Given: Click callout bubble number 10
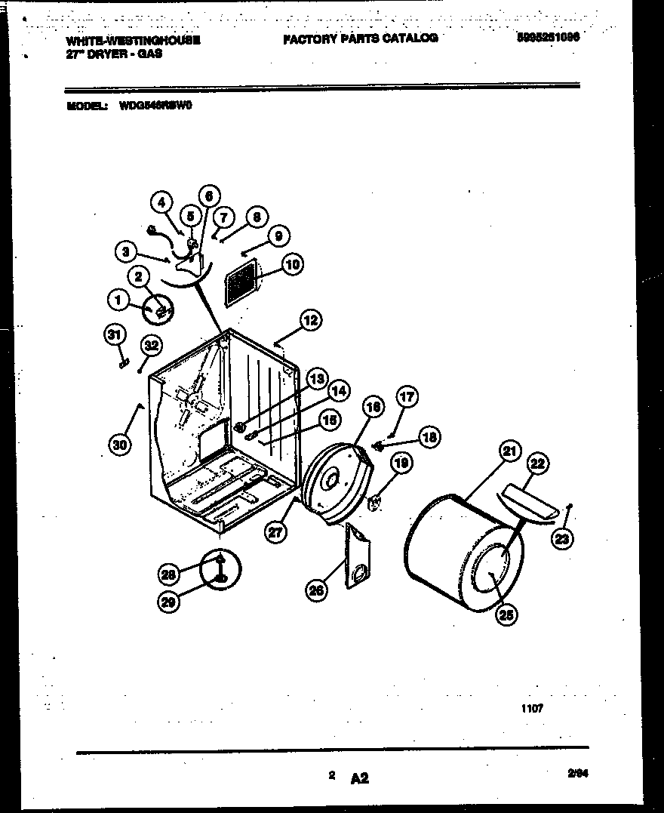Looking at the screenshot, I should (x=292, y=264).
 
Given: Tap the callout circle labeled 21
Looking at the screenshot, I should (x=511, y=452).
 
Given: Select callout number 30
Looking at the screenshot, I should (x=119, y=445).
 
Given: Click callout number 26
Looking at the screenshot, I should (x=317, y=590).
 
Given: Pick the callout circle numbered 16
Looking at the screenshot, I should (x=372, y=409).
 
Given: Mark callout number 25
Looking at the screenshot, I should (x=506, y=614).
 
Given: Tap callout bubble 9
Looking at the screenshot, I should (x=278, y=236).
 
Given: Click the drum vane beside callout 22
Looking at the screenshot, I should (x=528, y=504).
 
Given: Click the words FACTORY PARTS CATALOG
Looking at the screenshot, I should (x=360, y=38).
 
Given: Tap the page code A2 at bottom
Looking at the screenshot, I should (x=359, y=778).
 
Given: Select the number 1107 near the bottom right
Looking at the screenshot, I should (x=531, y=708).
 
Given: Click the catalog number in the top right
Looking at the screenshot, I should (x=549, y=35).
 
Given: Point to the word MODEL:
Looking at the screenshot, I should (x=85, y=106).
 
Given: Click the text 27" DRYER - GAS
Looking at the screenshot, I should (x=114, y=54).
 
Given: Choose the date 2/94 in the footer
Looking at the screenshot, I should (x=578, y=772).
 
